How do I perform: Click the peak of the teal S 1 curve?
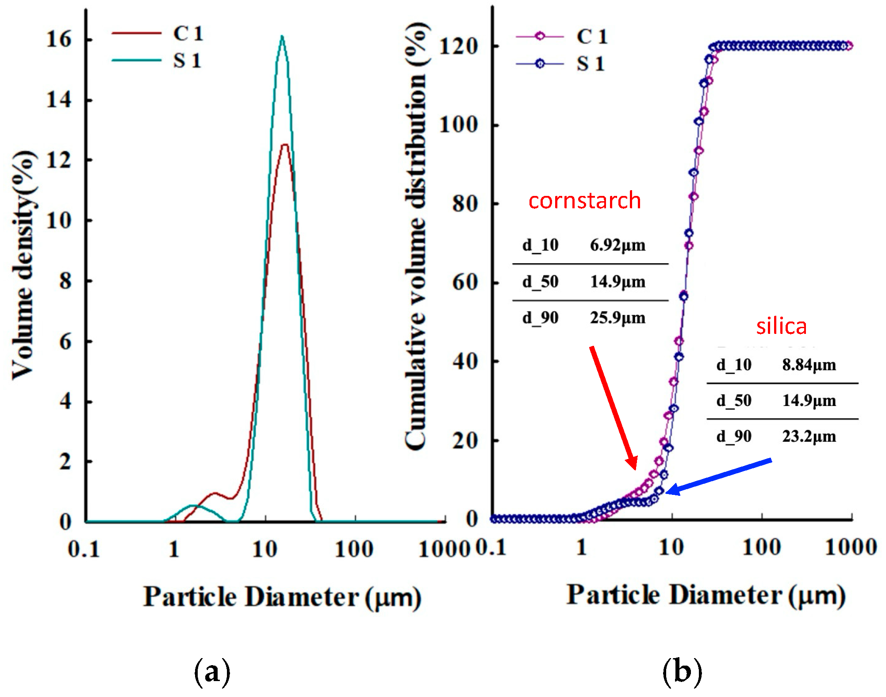pyautogui.click(x=282, y=37)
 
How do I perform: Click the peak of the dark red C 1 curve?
pyautogui.click(x=285, y=145)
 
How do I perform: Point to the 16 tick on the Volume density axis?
pyautogui.click(x=59, y=39)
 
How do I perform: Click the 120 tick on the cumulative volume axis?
pyautogui.click(x=458, y=46)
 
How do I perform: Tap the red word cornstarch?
pyautogui.click(x=584, y=201)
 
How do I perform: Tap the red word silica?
pyautogui.click(x=781, y=326)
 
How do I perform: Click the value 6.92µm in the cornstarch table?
pyautogui.click(x=618, y=245)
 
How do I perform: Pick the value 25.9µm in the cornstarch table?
pyautogui.click(x=618, y=318)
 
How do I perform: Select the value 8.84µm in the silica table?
pyautogui.click(x=809, y=365)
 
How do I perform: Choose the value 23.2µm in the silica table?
pyautogui.click(x=809, y=437)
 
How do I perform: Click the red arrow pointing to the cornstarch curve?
pyautogui.click(x=613, y=407)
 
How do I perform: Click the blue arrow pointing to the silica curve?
pyautogui.click(x=719, y=476)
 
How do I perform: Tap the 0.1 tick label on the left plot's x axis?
pyautogui.click(x=84, y=550)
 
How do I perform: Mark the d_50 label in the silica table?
pyautogui.click(x=734, y=401)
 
